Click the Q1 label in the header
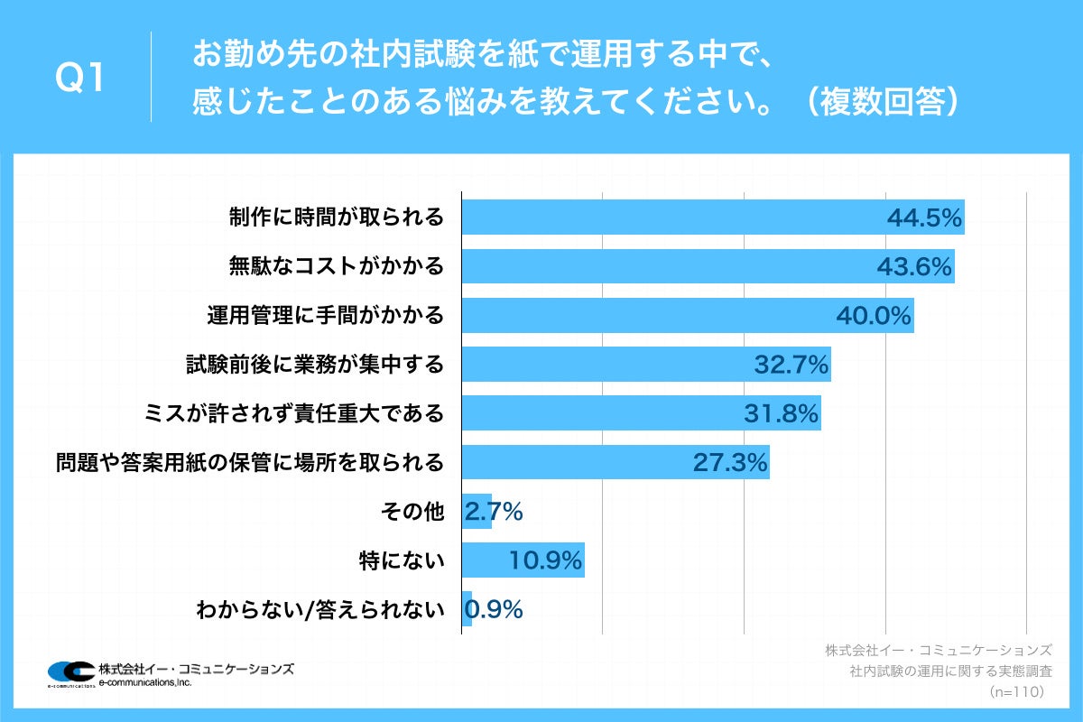coord(80,79)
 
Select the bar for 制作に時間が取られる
coord(668,218)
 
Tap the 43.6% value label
coord(915,266)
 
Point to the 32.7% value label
coord(791,365)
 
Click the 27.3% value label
coord(730,462)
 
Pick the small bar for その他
coord(476,512)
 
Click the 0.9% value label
coord(494,610)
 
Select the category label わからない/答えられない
coord(321,610)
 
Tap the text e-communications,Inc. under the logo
coord(145,682)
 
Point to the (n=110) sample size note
coord(1016,691)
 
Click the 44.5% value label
coord(924,218)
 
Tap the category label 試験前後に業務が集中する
coord(315,365)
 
